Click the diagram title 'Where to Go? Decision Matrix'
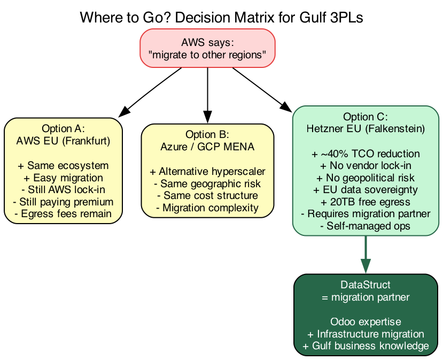221,18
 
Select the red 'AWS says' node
207,49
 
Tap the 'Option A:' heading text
63,129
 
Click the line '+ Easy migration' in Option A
63,178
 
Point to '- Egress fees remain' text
63,214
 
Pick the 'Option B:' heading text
207,134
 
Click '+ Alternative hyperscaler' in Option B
207,171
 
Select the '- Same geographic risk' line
207,183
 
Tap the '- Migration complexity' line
207,208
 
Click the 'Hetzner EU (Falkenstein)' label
366,128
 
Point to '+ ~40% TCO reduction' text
366,154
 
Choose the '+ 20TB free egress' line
366,202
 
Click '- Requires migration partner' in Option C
366,214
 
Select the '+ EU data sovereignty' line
366,189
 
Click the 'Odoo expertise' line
366,322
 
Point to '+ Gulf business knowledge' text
366,346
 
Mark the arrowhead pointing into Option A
123,111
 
